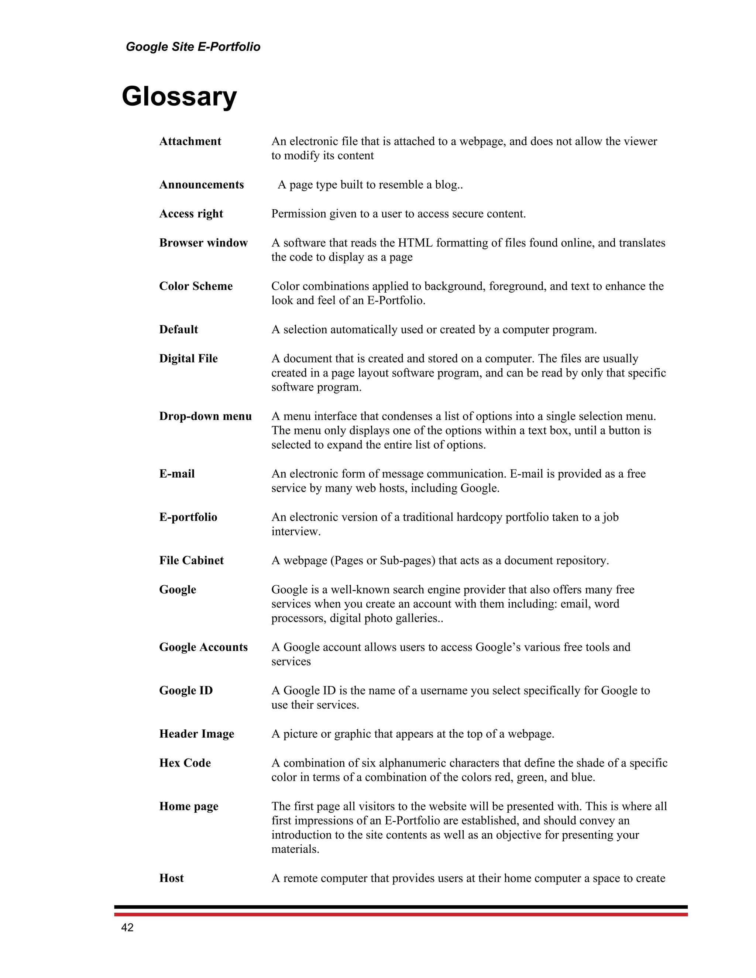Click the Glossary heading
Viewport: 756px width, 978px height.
point(179,96)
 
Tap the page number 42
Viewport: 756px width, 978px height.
point(127,927)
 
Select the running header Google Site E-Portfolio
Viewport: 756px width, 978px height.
point(193,47)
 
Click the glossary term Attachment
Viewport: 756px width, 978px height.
point(190,141)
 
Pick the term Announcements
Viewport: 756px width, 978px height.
point(202,185)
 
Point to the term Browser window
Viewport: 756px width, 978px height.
point(203,243)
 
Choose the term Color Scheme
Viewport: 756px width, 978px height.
point(196,286)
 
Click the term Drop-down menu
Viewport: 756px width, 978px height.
point(205,416)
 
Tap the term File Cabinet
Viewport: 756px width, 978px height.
point(191,561)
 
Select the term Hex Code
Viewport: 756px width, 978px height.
point(185,763)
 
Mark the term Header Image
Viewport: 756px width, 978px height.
point(197,734)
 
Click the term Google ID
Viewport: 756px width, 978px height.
point(186,691)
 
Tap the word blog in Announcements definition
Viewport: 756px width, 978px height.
point(446,185)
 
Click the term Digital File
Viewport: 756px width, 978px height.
point(188,359)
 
